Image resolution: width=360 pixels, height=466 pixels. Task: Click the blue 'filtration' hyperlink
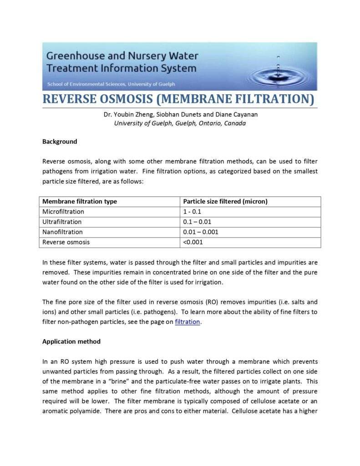(188, 322)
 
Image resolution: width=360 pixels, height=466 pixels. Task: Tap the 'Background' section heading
(60, 142)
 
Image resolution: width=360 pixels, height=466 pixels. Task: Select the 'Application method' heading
(71, 341)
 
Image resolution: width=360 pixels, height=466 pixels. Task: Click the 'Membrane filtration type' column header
(80, 202)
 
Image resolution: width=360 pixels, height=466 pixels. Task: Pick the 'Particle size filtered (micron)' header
(225, 202)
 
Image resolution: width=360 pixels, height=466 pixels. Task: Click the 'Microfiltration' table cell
(63, 212)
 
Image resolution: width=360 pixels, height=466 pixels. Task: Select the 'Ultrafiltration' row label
(62, 222)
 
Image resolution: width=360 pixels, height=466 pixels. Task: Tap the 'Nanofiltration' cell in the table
(62, 232)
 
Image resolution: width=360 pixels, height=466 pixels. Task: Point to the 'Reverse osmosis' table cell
(66, 242)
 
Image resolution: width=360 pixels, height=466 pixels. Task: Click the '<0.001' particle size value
(193, 242)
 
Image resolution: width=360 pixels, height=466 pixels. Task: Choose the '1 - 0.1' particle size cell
(192, 212)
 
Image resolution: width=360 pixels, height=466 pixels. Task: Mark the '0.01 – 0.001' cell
(201, 232)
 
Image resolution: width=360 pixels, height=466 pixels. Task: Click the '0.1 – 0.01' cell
(197, 222)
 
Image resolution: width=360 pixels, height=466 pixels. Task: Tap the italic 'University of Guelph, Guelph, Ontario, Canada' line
(180, 123)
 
